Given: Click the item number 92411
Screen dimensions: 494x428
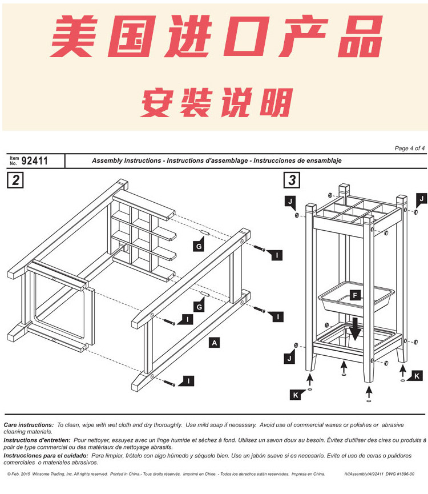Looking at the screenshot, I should pos(34,161).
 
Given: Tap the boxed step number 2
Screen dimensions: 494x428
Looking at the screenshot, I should pos(15,180).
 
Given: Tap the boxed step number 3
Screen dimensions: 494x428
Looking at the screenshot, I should pos(292,180).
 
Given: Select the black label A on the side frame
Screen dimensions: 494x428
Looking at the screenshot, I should pos(214,343).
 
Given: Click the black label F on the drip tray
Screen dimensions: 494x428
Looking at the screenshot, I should pos(355,295).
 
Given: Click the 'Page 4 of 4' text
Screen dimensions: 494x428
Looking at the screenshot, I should pos(409,148).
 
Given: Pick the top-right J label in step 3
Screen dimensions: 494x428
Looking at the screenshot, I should pos(421,198).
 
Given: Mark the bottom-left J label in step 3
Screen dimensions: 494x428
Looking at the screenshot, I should pos(290,359).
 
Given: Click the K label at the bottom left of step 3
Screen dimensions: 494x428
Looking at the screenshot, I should pos(295,395).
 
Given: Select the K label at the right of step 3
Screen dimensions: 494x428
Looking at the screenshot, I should pos(417,375).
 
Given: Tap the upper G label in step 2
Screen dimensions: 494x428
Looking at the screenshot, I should pos(199,246).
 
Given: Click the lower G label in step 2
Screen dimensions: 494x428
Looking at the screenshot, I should pos(199,307).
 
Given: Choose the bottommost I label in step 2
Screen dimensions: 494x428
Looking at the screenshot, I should pos(188,380).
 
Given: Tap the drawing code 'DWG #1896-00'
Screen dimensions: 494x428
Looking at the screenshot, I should pos(401,474).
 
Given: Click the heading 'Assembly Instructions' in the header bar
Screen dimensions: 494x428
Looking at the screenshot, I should pos(126,161).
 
